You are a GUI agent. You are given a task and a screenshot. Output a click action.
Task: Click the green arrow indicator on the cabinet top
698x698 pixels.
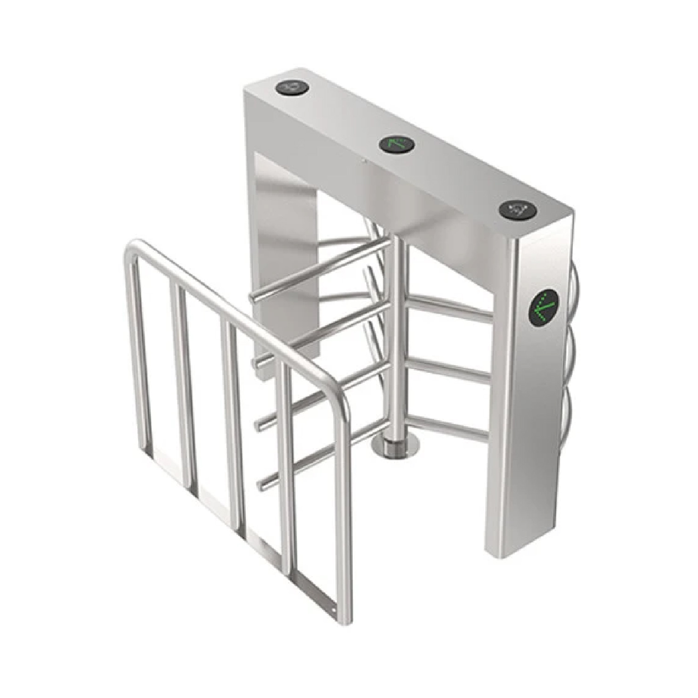pos(397,145)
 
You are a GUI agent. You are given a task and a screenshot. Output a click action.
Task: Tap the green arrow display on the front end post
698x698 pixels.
pos(544,307)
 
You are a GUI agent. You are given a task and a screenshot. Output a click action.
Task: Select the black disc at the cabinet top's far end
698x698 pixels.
pos(292,87)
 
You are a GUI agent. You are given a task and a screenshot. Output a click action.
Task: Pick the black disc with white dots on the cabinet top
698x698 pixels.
pos(518,210)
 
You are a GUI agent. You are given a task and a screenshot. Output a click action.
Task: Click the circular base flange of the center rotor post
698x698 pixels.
pos(396,447)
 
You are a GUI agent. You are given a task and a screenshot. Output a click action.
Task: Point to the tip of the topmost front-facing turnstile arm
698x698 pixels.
pos(254,297)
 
